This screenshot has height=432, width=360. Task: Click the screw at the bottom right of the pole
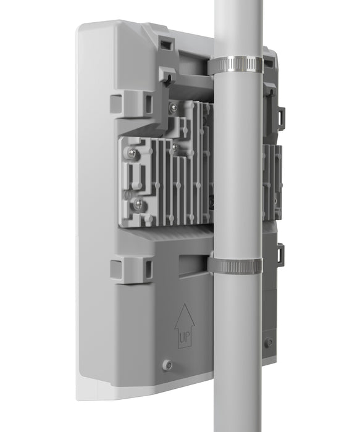pyautogui.click(x=269, y=341)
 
